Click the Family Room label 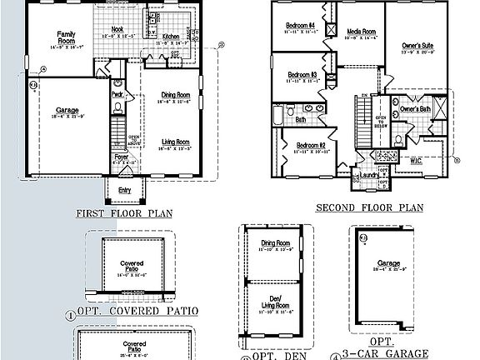[x=66, y=37]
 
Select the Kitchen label [x=171, y=37]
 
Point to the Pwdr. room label [x=117, y=94]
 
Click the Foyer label [x=122, y=156]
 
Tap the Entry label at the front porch [x=124, y=190]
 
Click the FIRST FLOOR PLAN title [x=124, y=213]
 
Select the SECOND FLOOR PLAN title [x=370, y=207]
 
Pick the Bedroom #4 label [x=300, y=26]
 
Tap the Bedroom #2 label [x=309, y=146]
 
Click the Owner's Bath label [x=414, y=109]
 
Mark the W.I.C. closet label [x=416, y=159]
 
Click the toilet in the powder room [x=117, y=84]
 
